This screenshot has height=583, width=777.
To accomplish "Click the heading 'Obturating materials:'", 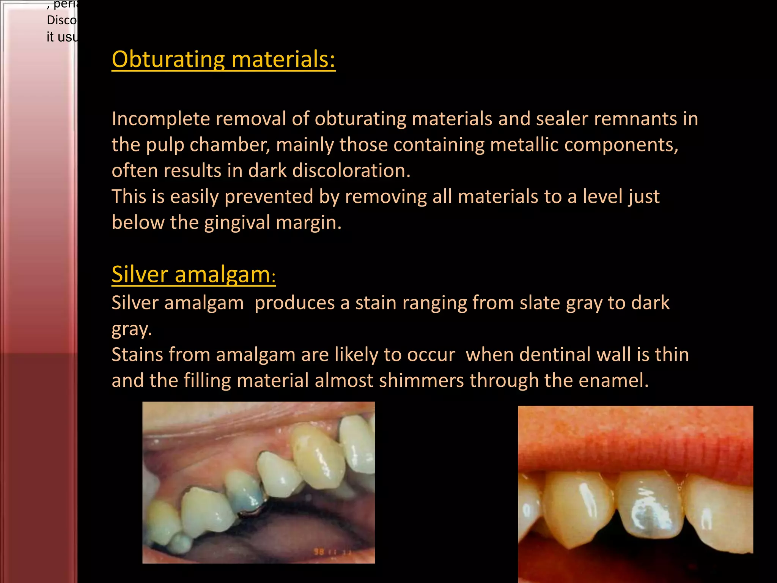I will point(223,60).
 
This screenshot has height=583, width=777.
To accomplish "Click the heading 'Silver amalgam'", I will point(191,274).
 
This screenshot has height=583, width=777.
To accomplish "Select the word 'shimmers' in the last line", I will point(421,380).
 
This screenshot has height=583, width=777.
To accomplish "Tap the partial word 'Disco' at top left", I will point(61,20).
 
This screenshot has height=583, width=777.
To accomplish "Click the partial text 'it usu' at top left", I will point(61,37).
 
